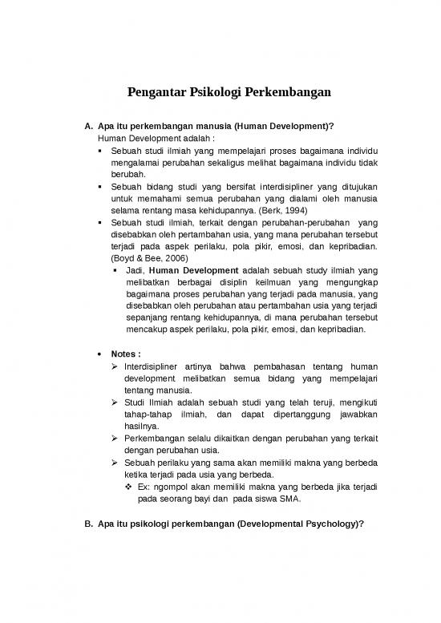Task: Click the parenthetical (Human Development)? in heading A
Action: coord(282,126)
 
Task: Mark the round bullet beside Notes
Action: coord(99,353)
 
